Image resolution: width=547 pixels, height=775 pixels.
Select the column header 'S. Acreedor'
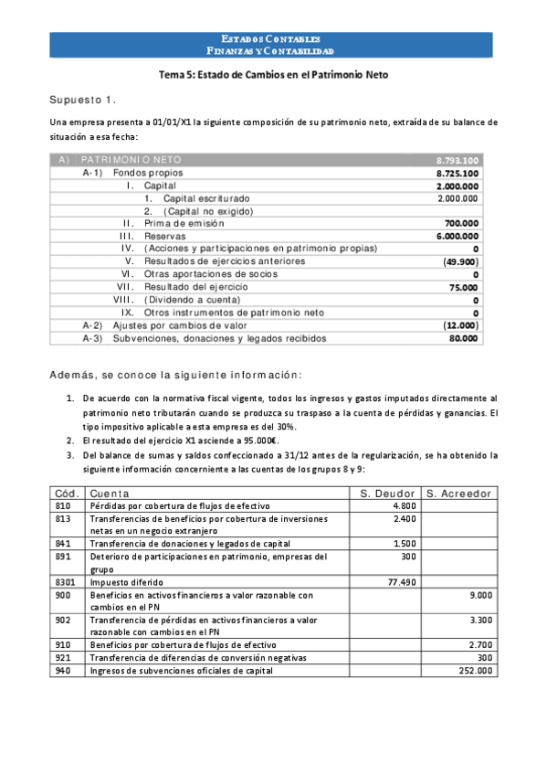click(x=459, y=494)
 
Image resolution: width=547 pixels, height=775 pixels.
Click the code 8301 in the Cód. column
click(x=63, y=580)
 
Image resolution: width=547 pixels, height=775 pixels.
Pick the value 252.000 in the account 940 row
click(x=478, y=670)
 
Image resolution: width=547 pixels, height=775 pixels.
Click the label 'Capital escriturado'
click(x=205, y=198)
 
